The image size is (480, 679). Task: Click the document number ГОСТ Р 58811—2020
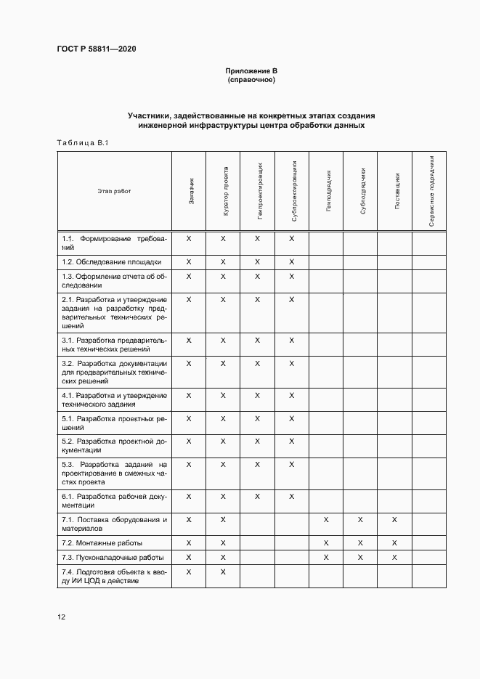pyautogui.click(x=97, y=49)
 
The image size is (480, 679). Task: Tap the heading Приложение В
pyautogui.click(x=251, y=70)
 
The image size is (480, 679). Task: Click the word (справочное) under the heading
pyautogui.click(x=251, y=79)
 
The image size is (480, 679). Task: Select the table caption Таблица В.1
pyautogui.click(x=82, y=142)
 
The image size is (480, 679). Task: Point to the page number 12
pyautogui.click(x=62, y=617)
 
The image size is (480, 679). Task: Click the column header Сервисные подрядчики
pyautogui.click(x=431, y=191)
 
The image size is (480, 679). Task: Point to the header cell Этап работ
pyautogui.click(x=114, y=191)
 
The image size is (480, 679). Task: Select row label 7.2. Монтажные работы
pyautogui.click(x=102, y=542)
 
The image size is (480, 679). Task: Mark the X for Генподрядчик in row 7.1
pyautogui.click(x=326, y=520)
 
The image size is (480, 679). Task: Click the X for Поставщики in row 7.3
pyautogui.click(x=394, y=557)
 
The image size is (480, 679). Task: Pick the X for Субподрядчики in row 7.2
pyautogui.click(x=360, y=542)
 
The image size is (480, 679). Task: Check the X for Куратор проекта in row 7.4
pyautogui.click(x=223, y=572)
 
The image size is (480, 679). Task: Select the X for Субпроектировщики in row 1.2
pyautogui.click(x=291, y=261)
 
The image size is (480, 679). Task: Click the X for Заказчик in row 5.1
pyautogui.click(x=189, y=418)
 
